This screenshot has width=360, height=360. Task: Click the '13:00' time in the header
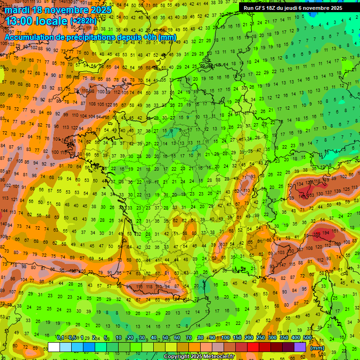[19, 21]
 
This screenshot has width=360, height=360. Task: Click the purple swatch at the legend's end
[300, 347]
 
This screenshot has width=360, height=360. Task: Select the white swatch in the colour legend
[54, 347]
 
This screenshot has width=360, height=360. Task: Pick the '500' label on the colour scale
[307, 337]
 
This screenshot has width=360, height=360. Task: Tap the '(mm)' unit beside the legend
[318, 348]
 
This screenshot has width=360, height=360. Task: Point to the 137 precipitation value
[334, 192]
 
